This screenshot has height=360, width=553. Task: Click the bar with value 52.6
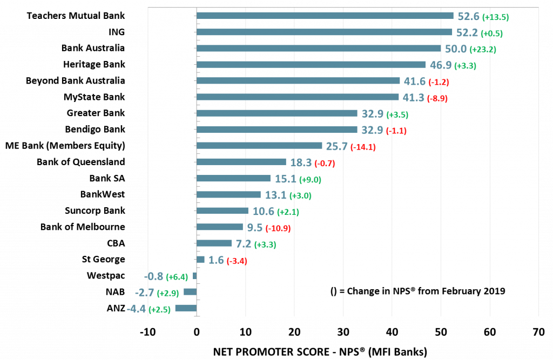tap(324, 16)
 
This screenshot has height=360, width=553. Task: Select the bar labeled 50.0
tap(318, 48)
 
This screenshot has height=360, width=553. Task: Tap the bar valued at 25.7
tap(259, 146)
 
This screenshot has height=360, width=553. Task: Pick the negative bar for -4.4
tap(186, 308)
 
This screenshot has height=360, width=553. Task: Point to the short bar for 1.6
tap(200, 260)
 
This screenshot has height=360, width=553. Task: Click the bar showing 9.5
tap(219, 227)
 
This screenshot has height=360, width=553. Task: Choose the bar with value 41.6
tap(298, 80)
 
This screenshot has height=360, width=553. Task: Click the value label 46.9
tap(441, 66)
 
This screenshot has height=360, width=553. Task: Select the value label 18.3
tap(301, 162)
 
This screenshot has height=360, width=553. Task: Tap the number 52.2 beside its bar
tap(467, 33)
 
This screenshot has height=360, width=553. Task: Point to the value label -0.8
tap(153, 277)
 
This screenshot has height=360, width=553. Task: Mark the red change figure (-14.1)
tap(363, 147)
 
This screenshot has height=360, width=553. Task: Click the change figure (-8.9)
tap(437, 99)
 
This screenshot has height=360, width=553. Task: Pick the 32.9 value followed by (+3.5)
tap(372, 114)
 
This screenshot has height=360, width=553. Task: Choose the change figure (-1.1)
tap(396, 131)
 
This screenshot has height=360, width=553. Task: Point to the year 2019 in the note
tap(494, 291)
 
